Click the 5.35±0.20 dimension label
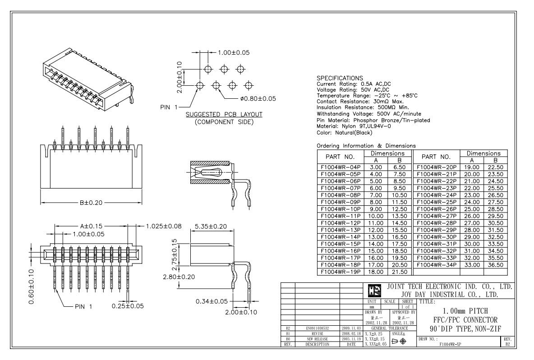[x=211, y=226]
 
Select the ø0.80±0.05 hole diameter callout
[x=258, y=99]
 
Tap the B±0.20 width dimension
[x=91, y=203]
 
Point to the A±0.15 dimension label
[x=91, y=226]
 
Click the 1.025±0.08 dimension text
[x=164, y=226]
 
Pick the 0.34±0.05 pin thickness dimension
[x=212, y=301]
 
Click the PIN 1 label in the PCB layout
[x=169, y=107]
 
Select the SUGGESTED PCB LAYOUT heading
[x=224, y=115]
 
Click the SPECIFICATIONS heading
[x=340, y=78]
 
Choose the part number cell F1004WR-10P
[x=341, y=209]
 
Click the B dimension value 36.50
[x=496, y=265]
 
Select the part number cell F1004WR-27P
[x=437, y=216]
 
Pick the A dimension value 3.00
[x=376, y=167]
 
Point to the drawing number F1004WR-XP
[x=450, y=344]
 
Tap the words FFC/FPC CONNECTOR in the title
[x=465, y=320]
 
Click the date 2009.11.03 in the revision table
[x=351, y=328]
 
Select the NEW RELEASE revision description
[x=318, y=339]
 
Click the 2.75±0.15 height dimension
[x=175, y=254]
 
